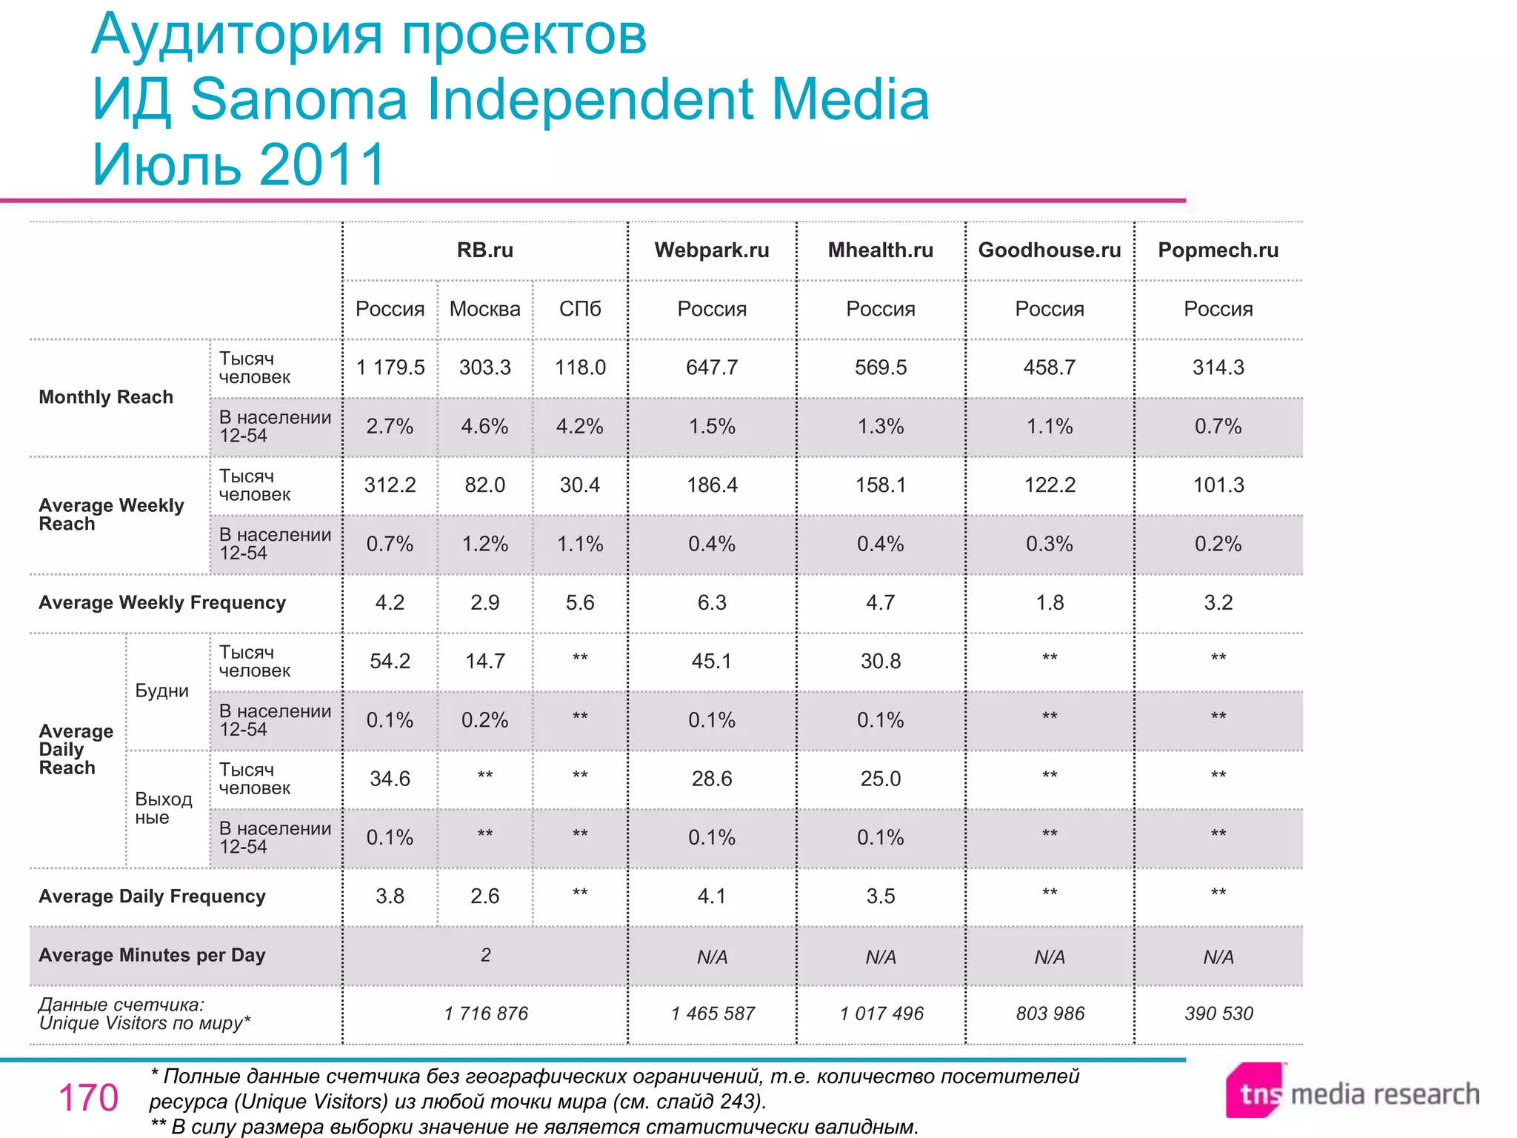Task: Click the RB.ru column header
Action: (x=484, y=250)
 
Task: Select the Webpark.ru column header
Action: (x=711, y=250)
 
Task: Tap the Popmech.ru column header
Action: (x=1218, y=250)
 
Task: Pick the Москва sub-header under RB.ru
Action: (x=484, y=309)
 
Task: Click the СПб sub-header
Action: (x=580, y=309)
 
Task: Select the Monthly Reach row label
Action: (x=106, y=397)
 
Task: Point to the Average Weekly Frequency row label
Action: (x=162, y=602)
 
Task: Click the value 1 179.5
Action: (x=390, y=367)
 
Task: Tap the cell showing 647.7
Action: (x=711, y=367)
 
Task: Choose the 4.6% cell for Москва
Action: (x=484, y=427)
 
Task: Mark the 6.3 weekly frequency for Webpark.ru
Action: (x=711, y=602)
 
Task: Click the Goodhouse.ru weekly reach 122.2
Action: (x=1049, y=485)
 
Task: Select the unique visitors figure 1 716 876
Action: (x=486, y=1014)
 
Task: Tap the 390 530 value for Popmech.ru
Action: (x=1218, y=1014)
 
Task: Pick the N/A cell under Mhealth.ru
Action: (x=880, y=957)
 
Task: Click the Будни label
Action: (x=161, y=691)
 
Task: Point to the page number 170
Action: (x=88, y=1097)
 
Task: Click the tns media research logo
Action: (x=1352, y=1092)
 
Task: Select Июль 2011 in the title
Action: (x=239, y=164)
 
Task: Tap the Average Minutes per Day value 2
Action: (x=485, y=955)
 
